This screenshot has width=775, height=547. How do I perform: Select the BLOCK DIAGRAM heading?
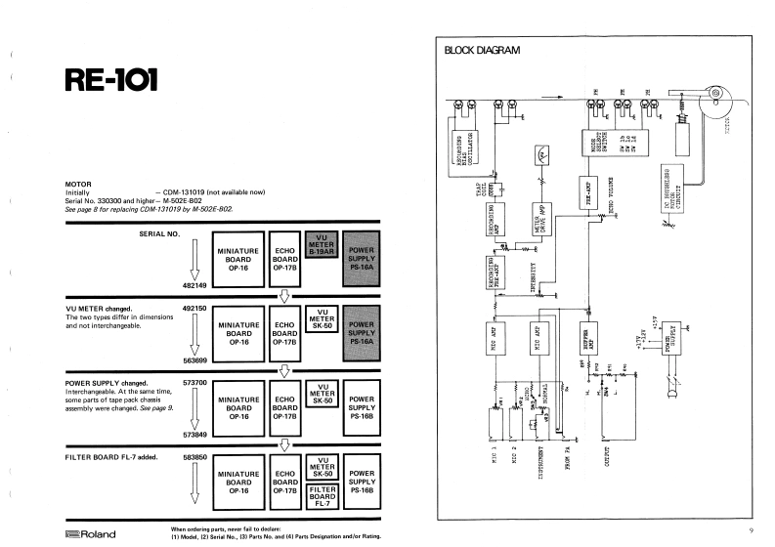(x=483, y=50)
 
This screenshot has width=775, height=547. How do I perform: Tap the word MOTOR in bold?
(x=78, y=183)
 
